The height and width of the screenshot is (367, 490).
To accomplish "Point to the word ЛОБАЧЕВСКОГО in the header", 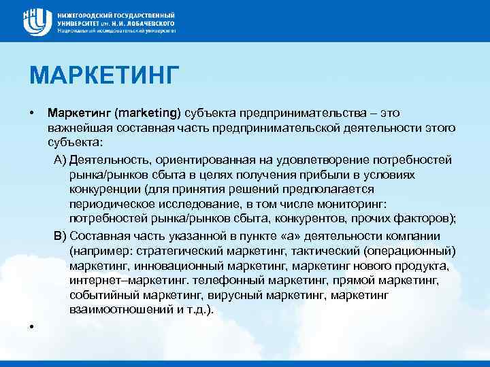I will (150, 22).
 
